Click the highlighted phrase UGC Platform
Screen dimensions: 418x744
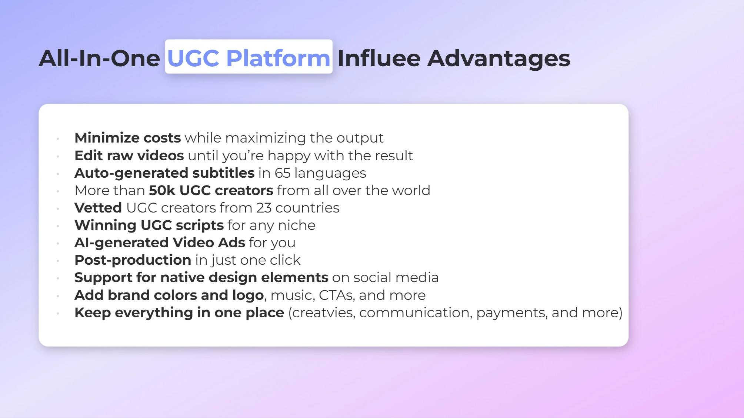pyautogui.click(x=248, y=58)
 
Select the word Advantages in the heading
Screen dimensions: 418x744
pyautogui.click(x=498, y=58)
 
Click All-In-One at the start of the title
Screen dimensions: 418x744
pyautogui.click(x=99, y=58)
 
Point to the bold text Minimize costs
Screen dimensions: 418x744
pyautogui.click(x=127, y=138)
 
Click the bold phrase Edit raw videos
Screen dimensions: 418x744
pyautogui.click(x=129, y=156)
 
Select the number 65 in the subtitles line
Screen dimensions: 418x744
pyautogui.click(x=282, y=173)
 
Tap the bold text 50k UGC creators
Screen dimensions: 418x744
pyautogui.click(x=211, y=190)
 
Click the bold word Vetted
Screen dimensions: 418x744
pyautogui.click(x=98, y=208)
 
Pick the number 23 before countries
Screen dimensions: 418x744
pyautogui.click(x=264, y=208)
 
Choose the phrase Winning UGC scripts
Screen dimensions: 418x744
pyautogui.click(x=149, y=225)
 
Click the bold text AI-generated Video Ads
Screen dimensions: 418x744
pyautogui.click(x=160, y=243)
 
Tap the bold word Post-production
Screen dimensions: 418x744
pyautogui.click(x=133, y=260)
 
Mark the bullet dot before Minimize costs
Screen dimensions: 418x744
pyautogui.click(x=58, y=139)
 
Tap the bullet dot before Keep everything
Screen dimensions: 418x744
pyautogui.click(x=58, y=314)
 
